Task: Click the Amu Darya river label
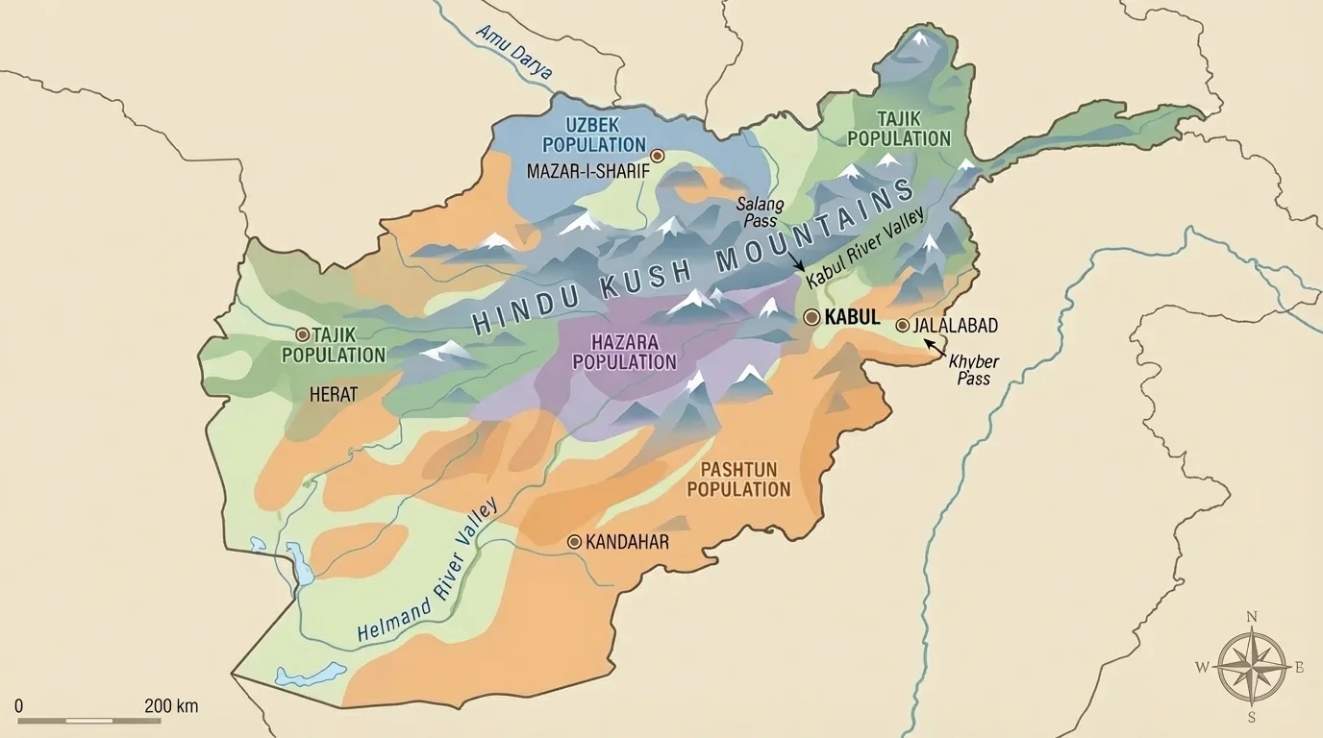pos(514,52)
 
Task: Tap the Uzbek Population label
pos(593,135)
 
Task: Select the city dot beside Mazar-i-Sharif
pos(658,156)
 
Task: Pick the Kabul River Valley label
pos(864,249)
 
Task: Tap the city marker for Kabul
pos(811,317)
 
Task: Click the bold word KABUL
pos(853,318)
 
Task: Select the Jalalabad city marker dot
pos(902,326)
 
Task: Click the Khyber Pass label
pos(973,370)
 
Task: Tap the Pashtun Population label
pos(745,479)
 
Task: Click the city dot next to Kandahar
pos(574,542)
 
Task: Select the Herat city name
pos(334,395)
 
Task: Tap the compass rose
pos(1251,666)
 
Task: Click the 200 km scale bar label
pos(171,706)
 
